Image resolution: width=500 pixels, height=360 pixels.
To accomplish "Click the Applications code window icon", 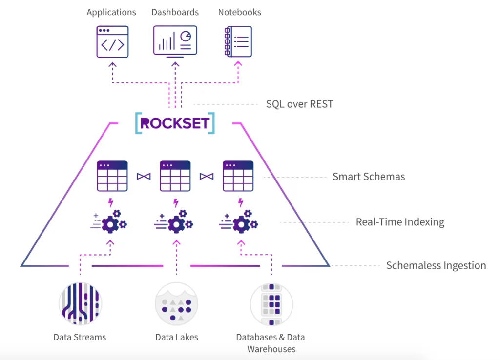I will [x=112, y=41].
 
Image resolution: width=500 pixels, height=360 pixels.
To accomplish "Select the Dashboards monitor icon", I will [x=175, y=41].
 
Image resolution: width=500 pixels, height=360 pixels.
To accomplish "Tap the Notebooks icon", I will [x=238, y=41].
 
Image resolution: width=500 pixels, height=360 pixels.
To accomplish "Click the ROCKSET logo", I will [x=175, y=123].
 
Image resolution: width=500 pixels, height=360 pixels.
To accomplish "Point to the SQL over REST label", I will [x=299, y=104].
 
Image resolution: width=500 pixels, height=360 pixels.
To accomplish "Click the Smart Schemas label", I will [x=369, y=177].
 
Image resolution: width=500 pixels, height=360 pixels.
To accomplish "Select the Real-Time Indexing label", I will [x=400, y=222].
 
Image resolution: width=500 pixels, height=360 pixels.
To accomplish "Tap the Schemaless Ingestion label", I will [x=436, y=266].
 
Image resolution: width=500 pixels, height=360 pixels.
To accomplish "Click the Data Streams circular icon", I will [x=80, y=303].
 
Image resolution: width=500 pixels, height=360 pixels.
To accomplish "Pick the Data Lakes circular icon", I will [x=176, y=303].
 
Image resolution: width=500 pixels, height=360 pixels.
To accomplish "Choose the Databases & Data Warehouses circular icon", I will [x=271, y=303].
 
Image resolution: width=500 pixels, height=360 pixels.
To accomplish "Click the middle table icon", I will [x=175, y=176].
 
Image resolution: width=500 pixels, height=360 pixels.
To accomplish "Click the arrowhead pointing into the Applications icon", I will [x=112, y=64].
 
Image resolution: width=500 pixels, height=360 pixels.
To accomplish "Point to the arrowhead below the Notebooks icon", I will [x=238, y=64].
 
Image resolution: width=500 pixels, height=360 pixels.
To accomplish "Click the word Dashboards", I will [x=175, y=12].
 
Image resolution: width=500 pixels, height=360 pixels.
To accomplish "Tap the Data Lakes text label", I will [x=176, y=337].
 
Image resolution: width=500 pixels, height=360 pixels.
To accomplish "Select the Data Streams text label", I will [x=80, y=337].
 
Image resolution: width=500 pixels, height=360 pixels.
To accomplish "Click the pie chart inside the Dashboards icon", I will [x=186, y=36].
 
